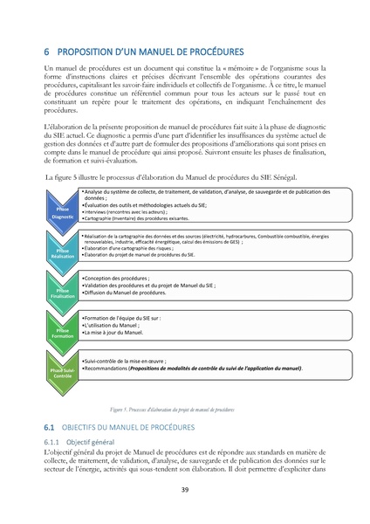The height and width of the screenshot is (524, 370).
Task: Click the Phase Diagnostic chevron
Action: pyautogui.click(x=62, y=212)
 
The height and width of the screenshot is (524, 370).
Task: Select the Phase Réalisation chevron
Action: pyautogui.click(x=62, y=253)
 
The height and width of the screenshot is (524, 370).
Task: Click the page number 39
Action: pyautogui.click(x=185, y=489)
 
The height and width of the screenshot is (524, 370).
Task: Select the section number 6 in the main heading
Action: pyautogui.click(x=47, y=52)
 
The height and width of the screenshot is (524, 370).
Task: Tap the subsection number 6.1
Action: pyautogui.click(x=50, y=428)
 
